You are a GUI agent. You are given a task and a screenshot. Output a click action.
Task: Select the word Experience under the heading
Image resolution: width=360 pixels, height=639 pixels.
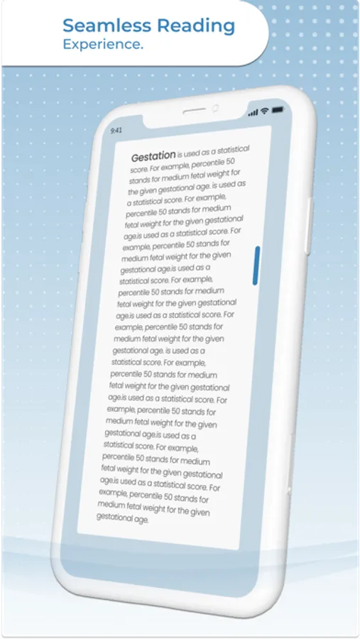click(101, 44)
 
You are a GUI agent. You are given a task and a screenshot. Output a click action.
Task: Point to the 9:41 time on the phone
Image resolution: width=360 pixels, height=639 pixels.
click(116, 131)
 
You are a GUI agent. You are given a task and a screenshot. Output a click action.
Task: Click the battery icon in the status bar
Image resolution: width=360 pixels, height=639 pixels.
click(276, 110)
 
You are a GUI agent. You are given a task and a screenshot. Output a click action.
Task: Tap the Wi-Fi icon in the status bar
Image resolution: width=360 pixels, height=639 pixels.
click(265, 111)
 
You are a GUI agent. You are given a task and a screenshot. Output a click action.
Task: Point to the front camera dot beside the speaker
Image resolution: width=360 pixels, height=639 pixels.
click(215, 108)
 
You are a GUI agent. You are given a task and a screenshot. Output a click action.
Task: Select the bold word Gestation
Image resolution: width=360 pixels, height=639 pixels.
click(153, 155)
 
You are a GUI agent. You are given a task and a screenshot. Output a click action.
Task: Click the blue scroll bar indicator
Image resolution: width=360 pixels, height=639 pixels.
click(256, 266)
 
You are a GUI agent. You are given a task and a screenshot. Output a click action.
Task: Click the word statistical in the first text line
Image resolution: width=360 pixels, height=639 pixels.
click(234, 150)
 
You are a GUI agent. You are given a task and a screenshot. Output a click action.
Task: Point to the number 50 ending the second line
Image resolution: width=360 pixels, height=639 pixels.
click(241, 163)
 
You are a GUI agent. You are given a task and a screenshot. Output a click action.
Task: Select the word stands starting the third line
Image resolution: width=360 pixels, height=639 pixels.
click(138, 182)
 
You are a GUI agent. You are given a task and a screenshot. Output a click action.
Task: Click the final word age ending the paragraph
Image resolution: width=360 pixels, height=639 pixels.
click(141, 520)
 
